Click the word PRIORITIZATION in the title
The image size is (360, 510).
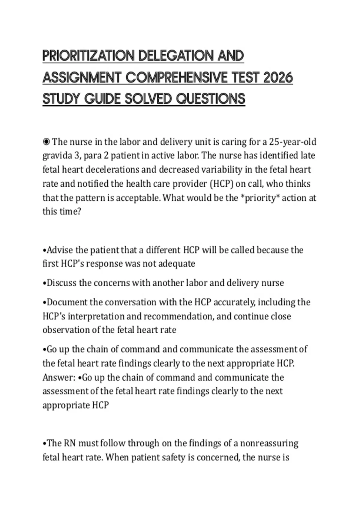coord(88,56)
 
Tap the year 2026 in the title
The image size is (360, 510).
coord(278,78)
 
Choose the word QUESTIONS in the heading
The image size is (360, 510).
coord(211,99)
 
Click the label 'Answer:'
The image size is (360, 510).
coord(59,377)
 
